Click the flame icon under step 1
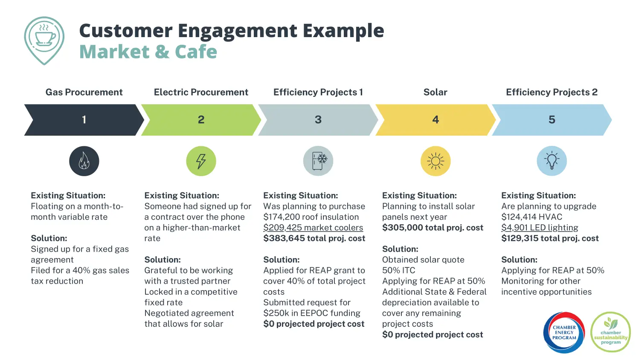(x=84, y=161)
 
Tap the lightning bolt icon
(x=201, y=161)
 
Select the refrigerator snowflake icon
(x=318, y=161)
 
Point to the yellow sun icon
(x=435, y=161)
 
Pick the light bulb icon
(x=552, y=161)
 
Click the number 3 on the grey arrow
(x=318, y=119)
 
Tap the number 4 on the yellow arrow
(x=435, y=119)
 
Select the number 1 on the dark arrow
(x=84, y=119)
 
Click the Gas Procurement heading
(x=84, y=92)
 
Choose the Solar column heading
(x=435, y=92)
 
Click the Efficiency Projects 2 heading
(x=552, y=92)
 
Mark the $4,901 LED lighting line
(x=540, y=228)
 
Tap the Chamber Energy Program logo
(x=564, y=332)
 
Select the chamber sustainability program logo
(x=610, y=332)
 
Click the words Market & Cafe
(x=148, y=52)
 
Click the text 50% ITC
(x=398, y=270)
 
